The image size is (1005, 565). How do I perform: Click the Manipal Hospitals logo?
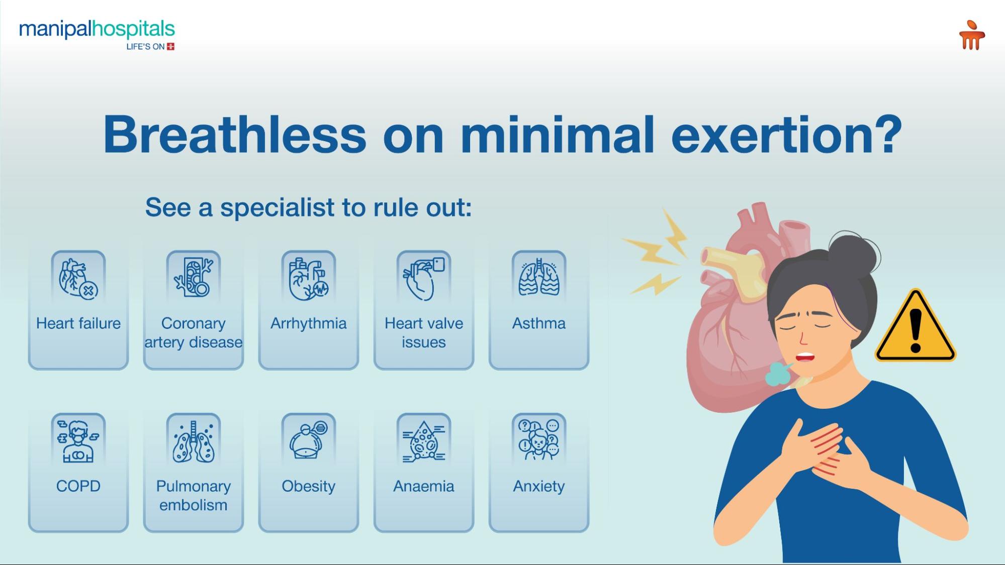pos(97,30)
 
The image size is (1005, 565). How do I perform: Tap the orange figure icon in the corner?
pos(971,35)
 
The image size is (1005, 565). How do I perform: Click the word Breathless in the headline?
pos(235,135)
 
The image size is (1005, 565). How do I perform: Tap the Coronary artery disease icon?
pos(194,277)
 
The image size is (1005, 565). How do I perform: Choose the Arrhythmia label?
pos(308,323)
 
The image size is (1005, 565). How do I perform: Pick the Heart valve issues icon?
pos(424,277)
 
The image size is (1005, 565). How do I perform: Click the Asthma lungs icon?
pos(539,277)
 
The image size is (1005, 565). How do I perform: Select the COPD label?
pos(78,486)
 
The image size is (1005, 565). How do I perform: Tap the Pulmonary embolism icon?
pos(194,440)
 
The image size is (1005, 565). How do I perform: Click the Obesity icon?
pos(308,440)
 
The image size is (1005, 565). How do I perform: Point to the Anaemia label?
pos(424,486)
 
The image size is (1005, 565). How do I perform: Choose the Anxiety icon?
pos(539,440)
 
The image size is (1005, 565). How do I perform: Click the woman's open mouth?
pos(805,357)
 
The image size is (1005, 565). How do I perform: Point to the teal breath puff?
pos(778,375)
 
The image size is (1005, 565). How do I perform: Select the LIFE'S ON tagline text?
pos(145,47)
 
